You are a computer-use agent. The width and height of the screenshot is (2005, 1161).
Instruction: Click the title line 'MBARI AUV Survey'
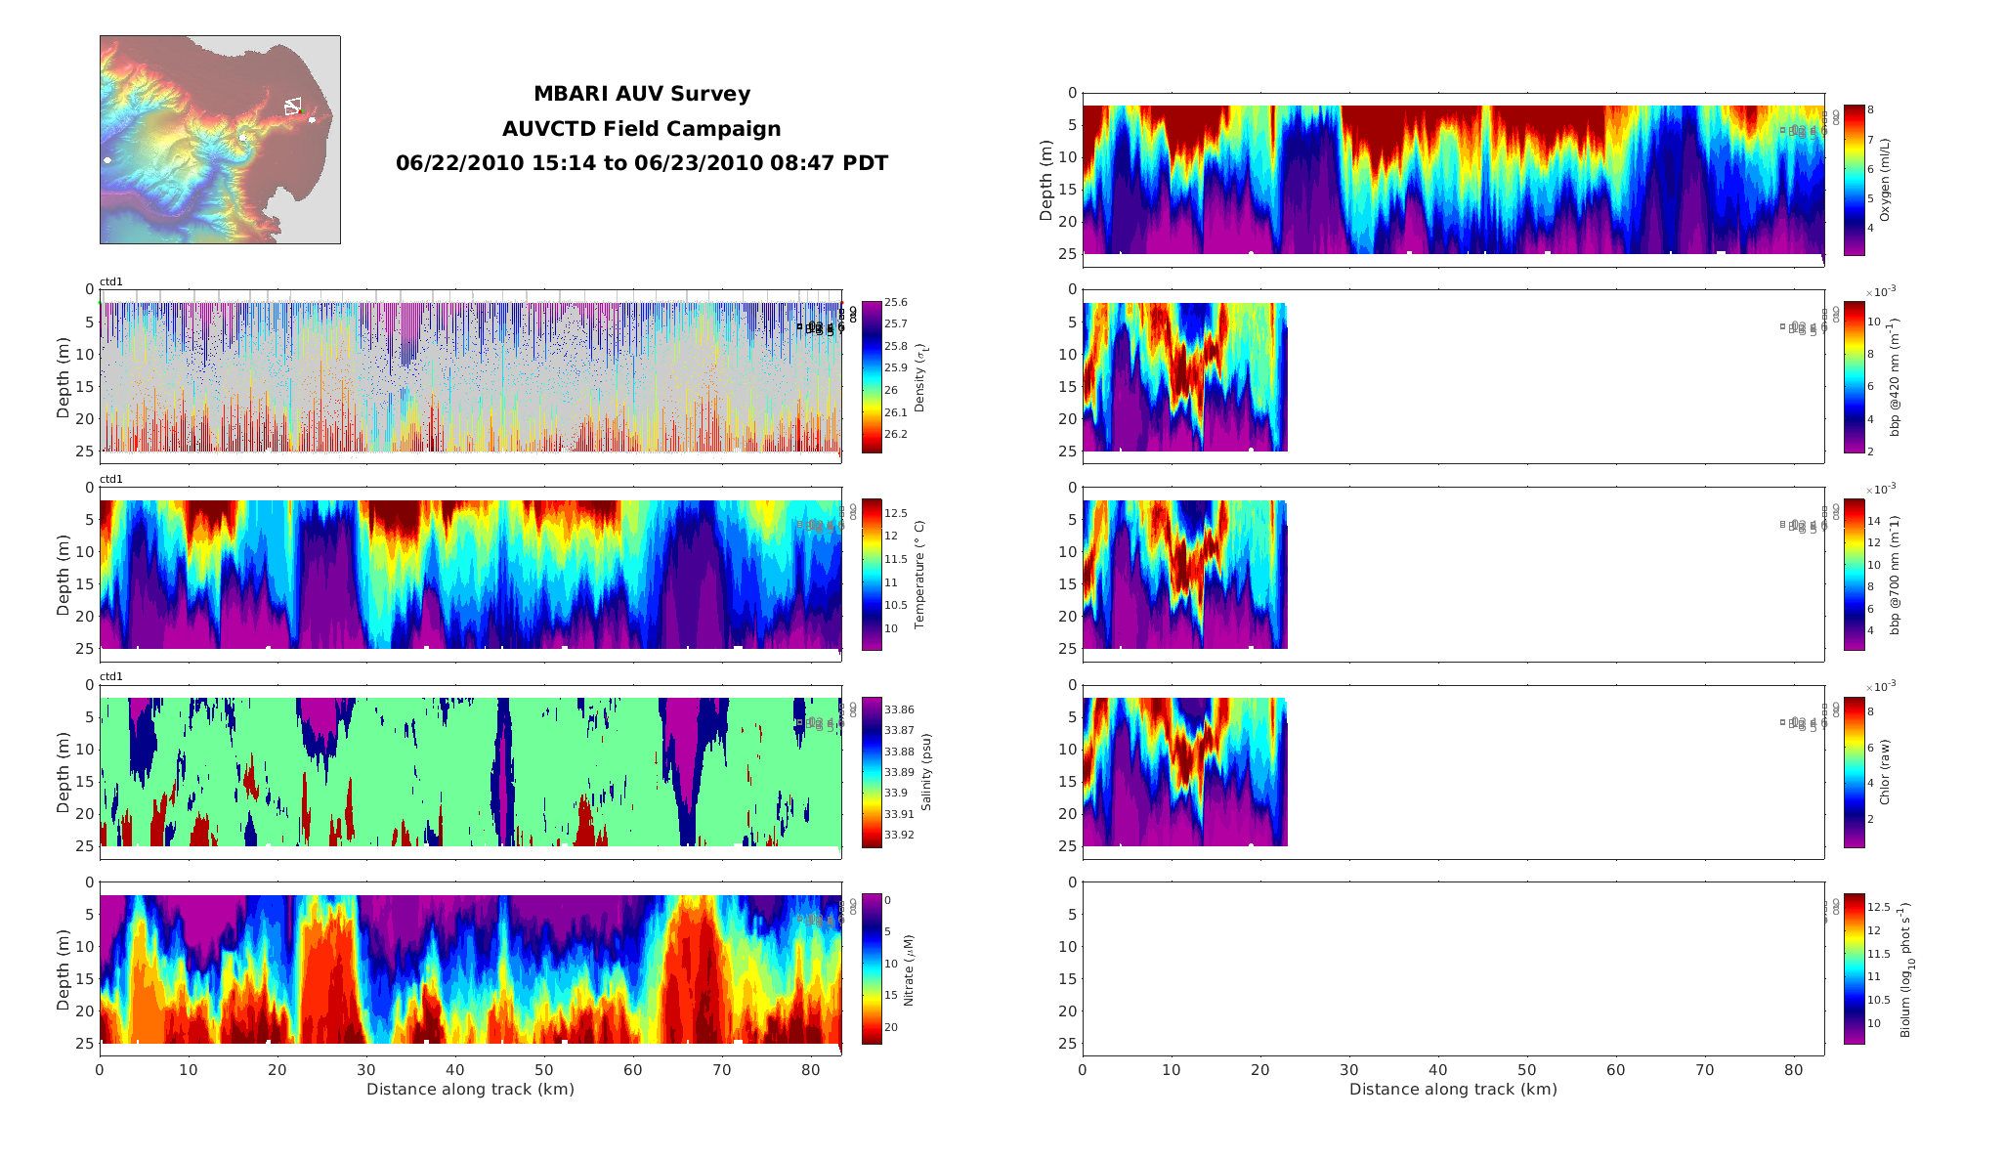pyautogui.click(x=642, y=94)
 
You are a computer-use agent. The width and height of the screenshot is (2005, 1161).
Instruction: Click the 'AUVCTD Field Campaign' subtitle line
pyautogui.click(x=642, y=129)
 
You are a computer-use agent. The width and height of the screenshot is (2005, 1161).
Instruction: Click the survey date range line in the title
pyautogui.click(x=642, y=163)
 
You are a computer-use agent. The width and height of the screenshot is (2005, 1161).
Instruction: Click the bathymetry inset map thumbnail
pyautogui.click(x=220, y=140)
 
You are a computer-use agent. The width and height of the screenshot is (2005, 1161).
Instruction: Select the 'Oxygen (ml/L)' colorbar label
pyautogui.click(x=1885, y=180)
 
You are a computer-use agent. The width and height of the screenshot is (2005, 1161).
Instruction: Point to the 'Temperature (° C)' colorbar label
pyautogui.click(x=919, y=575)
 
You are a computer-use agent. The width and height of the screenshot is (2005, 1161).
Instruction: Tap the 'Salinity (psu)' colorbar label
pyautogui.click(x=925, y=772)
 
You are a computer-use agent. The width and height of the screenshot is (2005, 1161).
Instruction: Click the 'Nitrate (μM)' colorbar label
pyautogui.click(x=909, y=969)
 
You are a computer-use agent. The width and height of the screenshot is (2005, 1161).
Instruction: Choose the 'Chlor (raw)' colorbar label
pyautogui.click(x=1885, y=772)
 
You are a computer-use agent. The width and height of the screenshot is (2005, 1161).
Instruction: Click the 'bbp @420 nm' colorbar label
pyautogui.click(x=1895, y=376)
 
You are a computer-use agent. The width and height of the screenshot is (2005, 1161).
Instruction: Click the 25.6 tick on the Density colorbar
pyautogui.click(x=895, y=303)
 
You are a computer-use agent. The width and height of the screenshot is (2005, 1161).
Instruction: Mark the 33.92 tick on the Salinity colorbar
pyautogui.click(x=899, y=836)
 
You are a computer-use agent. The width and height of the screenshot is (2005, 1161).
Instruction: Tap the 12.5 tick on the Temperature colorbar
pyautogui.click(x=896, y=513)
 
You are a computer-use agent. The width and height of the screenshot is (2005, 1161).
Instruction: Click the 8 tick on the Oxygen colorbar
pyautogui.click(x=1870, y=110)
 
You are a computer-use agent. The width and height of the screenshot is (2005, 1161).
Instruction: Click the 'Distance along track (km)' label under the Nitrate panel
pyautogui.click(x=470, y=1090)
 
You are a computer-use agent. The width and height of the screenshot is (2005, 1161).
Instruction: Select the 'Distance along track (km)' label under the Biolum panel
pyautogui.click(x=1453, y=1090)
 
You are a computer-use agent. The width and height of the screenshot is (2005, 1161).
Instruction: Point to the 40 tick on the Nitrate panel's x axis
pyautogui.click(x=455, y=1070)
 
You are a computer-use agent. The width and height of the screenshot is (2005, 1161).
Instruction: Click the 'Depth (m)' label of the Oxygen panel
pyautogui.click(x=1046, y=180)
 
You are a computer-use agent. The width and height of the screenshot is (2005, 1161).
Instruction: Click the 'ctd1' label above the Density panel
pyautogui.click(x=111, y=282)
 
